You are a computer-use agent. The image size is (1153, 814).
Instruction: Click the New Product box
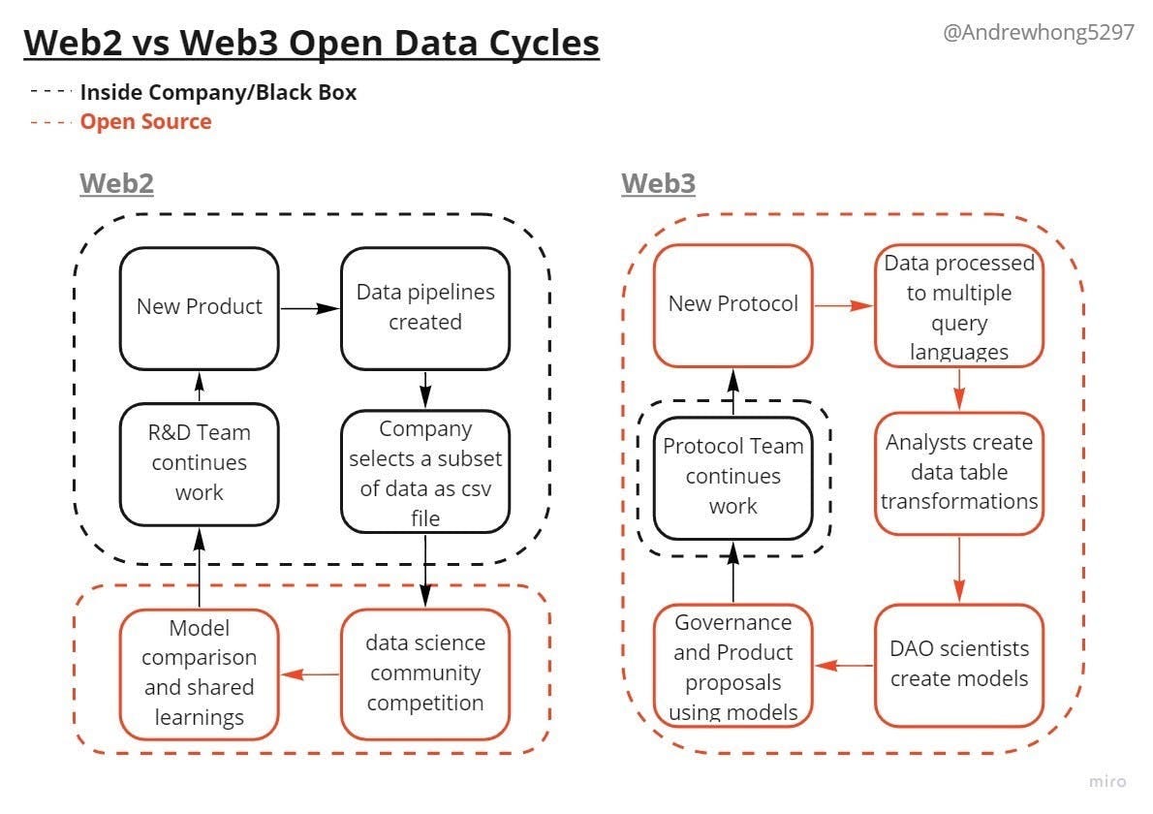[199, 306]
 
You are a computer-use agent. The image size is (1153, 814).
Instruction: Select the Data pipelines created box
[424, 306]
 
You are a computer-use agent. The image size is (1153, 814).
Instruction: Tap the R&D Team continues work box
[199, 463]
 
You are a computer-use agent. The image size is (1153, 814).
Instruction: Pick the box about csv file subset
[424, 472]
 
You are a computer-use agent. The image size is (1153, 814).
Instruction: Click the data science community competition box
[424, 672]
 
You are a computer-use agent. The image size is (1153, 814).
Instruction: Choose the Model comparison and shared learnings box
[199, 672]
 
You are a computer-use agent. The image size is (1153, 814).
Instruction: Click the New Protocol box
[732, 304]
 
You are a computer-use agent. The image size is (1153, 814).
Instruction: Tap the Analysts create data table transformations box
[958, 472]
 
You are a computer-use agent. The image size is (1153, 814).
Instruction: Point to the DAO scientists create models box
[958, 664]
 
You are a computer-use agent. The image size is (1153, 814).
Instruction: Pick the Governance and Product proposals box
[732, 666]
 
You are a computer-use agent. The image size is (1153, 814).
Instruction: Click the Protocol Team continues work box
[732, 476]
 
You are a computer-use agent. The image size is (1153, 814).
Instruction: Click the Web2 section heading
[116, 183]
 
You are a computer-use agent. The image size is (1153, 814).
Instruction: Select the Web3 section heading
[658, 183]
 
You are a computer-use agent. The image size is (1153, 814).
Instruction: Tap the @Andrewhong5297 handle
[1038, 32]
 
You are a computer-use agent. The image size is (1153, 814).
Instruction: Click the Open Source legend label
[145, 121]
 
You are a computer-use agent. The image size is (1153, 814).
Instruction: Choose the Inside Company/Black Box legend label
[218, 93]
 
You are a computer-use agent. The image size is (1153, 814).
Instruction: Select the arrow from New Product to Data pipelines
[309, 308]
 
